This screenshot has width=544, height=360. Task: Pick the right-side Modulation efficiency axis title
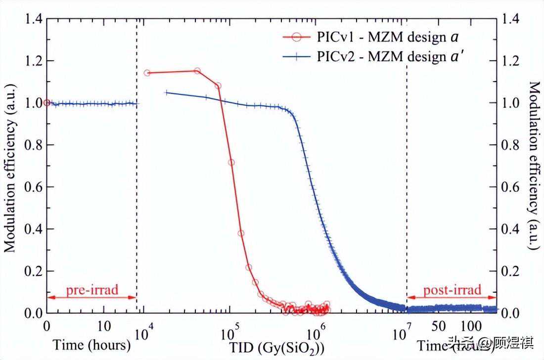535,166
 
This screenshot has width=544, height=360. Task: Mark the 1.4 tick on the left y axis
33,19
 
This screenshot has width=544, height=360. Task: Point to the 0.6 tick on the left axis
33,187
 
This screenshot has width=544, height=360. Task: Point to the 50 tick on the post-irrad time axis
439,327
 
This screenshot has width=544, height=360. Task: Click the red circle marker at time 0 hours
47,103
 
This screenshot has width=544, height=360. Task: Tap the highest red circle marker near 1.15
197,71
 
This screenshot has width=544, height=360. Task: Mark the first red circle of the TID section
147,73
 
